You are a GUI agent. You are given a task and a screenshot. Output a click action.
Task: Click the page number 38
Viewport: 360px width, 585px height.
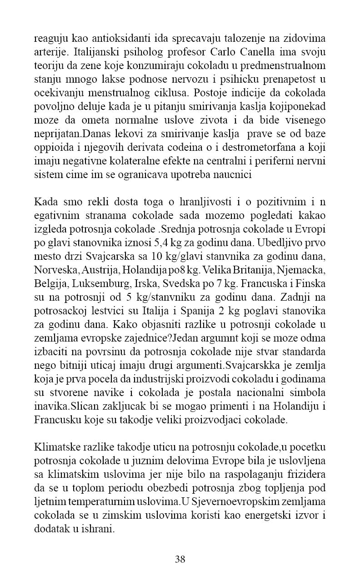click(180, 559)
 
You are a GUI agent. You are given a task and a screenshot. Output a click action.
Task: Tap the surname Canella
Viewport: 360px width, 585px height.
click(260, 50)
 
